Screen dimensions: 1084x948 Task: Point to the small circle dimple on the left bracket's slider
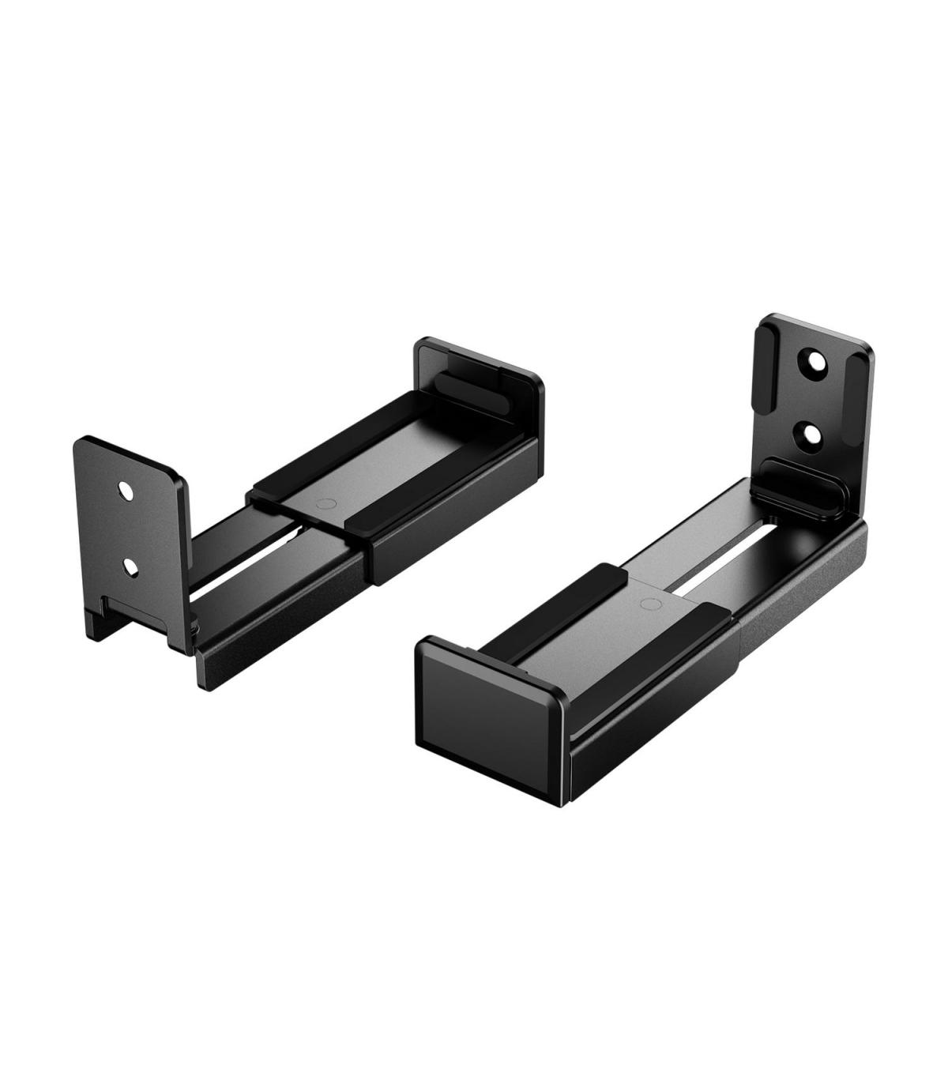tap(321, 503)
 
